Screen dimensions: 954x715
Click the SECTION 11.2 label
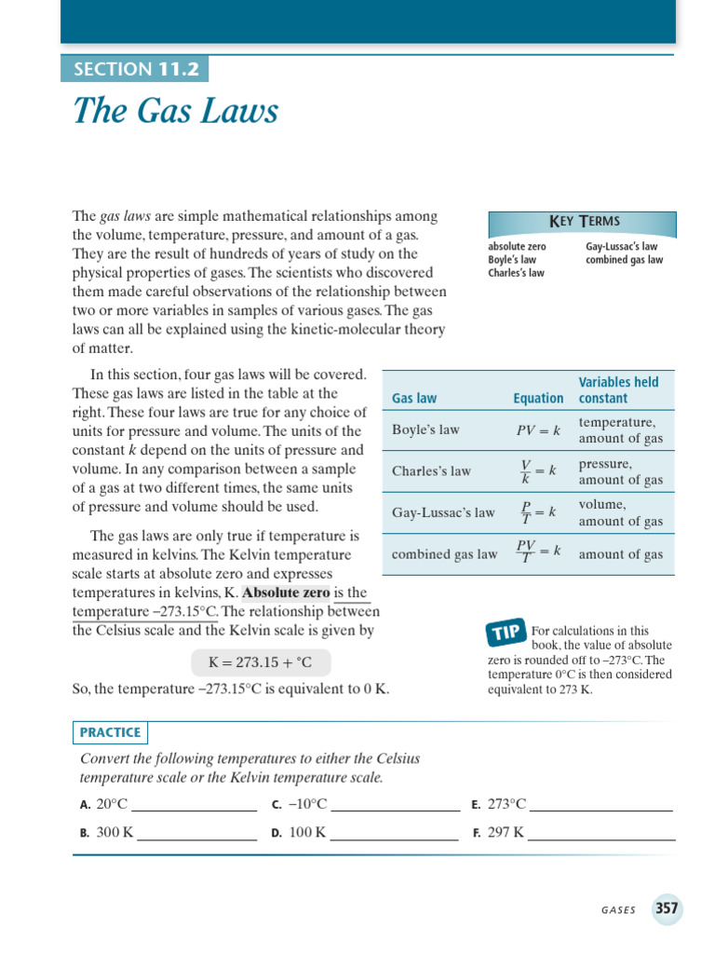pos(135,69)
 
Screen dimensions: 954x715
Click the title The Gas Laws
pos(175,112)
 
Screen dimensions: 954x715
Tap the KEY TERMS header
pos(584,222)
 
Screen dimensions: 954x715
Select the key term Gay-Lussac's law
pos(621,247)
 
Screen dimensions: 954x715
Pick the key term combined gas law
pos(624,260)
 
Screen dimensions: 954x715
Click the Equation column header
pos(538,398)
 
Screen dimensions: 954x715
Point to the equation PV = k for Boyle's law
pos(538,430)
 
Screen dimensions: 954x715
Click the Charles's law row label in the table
pos(431,471)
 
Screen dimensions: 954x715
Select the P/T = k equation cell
pos(538,512)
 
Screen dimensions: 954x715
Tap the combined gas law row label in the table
pos(444,554)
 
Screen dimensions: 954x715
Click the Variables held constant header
pos(618,389)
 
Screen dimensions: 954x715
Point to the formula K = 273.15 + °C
pos(260,663)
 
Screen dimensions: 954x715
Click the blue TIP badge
pos(506,634)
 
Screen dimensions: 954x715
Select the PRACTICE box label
pos(110,732)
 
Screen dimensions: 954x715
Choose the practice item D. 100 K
pos(298,832)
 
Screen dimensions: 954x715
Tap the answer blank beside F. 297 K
pos(601,834)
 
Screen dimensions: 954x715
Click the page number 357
pos(667,908)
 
